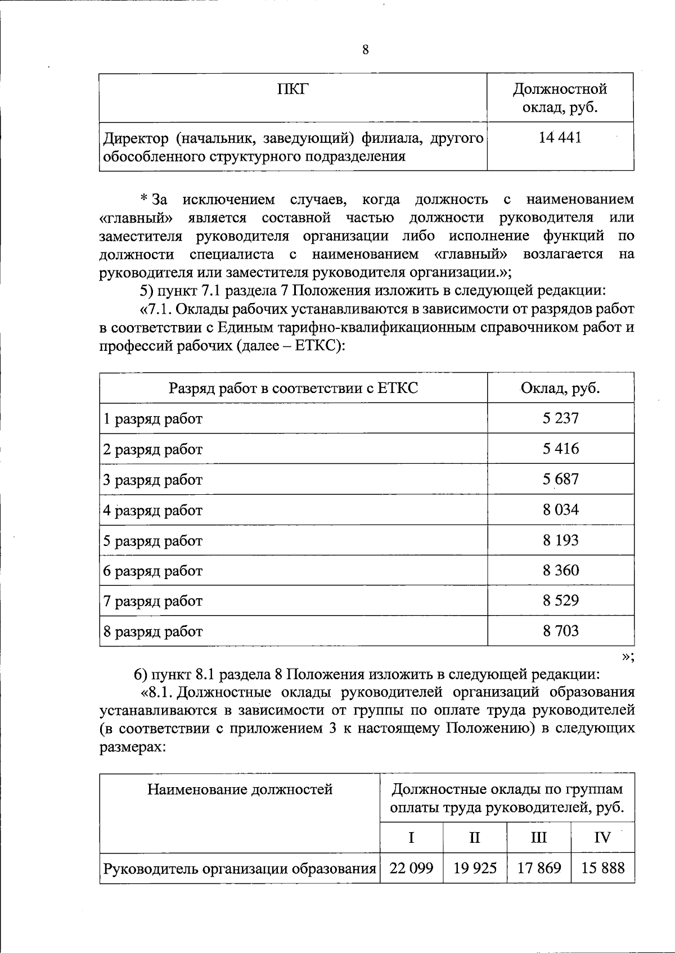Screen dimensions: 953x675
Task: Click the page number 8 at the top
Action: (366, 50)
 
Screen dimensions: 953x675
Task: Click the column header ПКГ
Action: (293, 89)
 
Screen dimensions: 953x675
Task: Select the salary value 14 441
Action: (560, 138)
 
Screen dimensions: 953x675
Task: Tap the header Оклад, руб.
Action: (560, 389)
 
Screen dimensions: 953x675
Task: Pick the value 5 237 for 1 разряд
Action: (560, 418)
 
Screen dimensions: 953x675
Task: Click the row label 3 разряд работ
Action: (153, 480)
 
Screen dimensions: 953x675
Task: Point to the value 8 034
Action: (560, 510)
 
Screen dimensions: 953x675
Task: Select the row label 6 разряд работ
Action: (153, 571)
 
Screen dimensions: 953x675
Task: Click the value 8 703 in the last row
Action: (560, 631)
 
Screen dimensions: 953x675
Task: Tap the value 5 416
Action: (560, 449)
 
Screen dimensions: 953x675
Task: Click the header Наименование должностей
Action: (240, 790)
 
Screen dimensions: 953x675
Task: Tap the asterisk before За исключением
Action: (143, 198)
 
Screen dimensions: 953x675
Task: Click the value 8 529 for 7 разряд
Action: (560, 601)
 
